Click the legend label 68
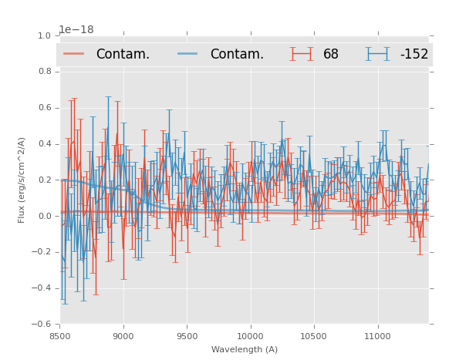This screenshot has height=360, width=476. tap(331, 54)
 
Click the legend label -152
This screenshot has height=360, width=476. tap(414, 54)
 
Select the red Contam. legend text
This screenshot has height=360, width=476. tap(123, 54)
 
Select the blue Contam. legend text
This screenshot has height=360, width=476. tap(237, 54)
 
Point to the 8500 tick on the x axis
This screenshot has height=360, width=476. tap(59, 336)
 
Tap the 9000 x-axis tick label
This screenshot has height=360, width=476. tap(123, 336)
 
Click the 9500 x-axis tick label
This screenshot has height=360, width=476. tap(187, 336)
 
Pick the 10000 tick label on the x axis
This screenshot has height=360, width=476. tap(250, 336)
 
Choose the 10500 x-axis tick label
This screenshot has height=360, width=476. tap(314, 336)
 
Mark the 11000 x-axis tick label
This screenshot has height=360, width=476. tap(377, 336)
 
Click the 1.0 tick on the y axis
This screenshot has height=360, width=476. tap(44, 35)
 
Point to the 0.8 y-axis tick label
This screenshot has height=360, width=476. tap(44, 72)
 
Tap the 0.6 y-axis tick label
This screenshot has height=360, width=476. tap(44, 108)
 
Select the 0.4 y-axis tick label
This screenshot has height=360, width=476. tap(44, 144)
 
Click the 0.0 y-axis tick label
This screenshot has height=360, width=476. tap(44, 217)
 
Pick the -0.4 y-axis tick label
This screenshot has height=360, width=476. tap(42, 288)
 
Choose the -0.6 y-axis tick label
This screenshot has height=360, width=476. tap(42, 325)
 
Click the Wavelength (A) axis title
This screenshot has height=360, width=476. tap(245, 349)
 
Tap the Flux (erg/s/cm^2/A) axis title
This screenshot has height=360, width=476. tap(22, 180)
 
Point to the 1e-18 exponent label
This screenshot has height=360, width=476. tap(76, 29)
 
